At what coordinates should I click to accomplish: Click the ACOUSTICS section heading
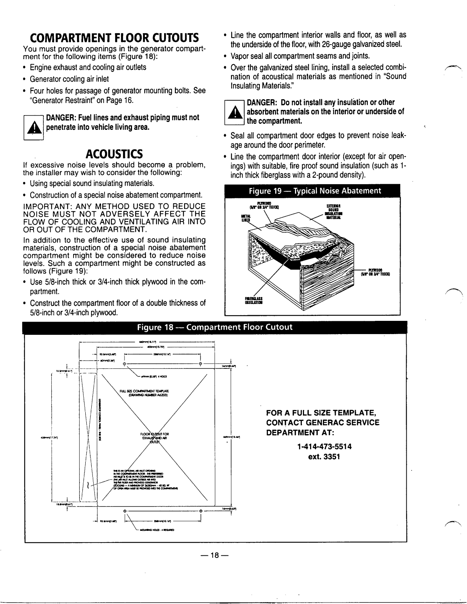114,154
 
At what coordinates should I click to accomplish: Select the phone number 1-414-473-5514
324,447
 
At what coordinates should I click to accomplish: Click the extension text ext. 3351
324,457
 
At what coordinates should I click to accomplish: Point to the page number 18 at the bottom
215,555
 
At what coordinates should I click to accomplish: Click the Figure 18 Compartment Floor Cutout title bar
215,327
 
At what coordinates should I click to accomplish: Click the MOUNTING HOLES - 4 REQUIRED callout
154,530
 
